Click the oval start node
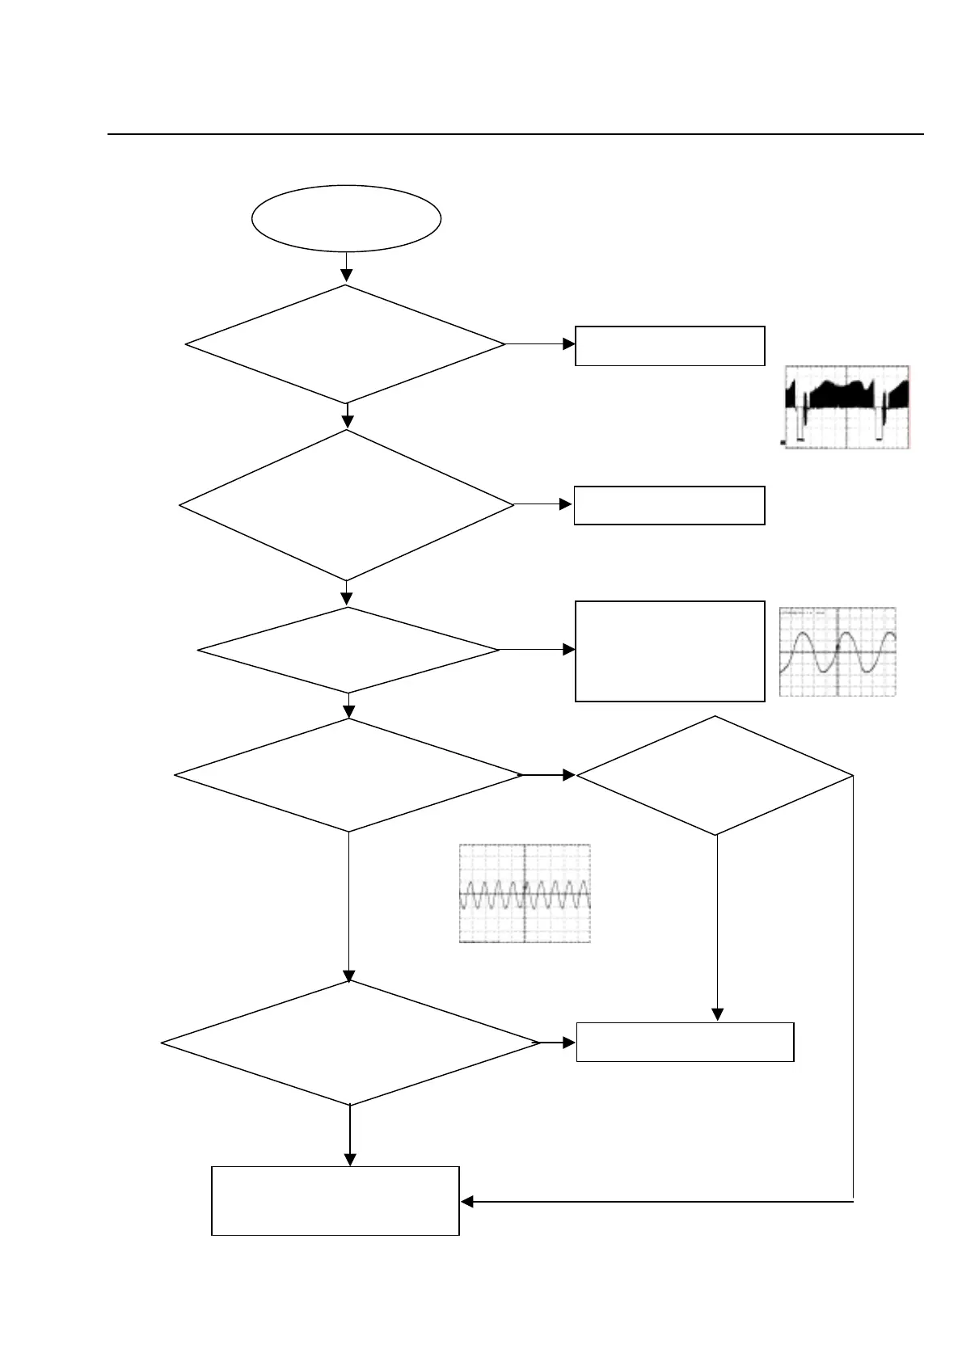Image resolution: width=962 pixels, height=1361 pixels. click(346, 218)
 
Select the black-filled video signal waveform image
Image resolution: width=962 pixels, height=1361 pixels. click(847, 407)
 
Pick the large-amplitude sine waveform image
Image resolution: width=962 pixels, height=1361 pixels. click(838, 651)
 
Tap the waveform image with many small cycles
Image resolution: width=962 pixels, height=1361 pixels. click(525, 893)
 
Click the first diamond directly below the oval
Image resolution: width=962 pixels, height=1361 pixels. click(346, 343)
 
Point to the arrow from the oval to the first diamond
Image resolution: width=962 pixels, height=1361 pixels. click(346, 268)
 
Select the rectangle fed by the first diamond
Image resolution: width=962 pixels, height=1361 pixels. click(669, 346)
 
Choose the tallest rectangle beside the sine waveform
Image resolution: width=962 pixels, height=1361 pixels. click(669, 651)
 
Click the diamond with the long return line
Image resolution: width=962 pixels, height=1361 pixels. click(715, 775)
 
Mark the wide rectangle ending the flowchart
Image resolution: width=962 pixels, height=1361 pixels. click(335, 1200)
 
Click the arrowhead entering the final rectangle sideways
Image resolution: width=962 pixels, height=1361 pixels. click(467, 1202)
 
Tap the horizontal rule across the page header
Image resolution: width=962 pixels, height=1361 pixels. click(516, 134)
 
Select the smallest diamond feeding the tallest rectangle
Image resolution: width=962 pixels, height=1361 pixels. click(348, 650)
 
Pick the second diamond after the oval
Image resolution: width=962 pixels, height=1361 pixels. click(346, 505)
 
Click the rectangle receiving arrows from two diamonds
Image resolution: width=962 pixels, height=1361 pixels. click(685, 1042)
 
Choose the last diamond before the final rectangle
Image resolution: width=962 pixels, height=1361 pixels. click(350, 1043)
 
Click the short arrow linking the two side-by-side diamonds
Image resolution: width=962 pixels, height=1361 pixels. click(549, 775)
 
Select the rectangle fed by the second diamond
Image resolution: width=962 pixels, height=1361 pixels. click(669, 505)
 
